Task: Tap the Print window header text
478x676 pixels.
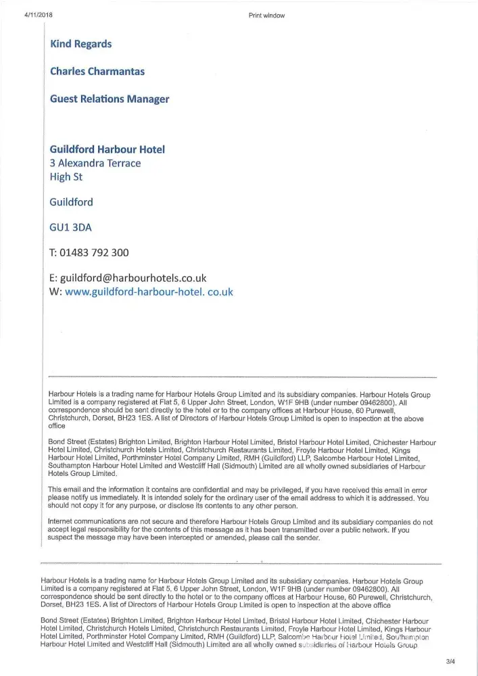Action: click(266, 15)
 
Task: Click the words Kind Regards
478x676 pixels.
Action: click(81, 44)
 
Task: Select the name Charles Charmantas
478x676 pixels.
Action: click(97, 71)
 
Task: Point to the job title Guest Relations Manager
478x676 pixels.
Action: click(110, 99)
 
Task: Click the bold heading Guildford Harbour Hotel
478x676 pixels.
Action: click(107, 149)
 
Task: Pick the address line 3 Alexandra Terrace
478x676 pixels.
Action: click(95, 163)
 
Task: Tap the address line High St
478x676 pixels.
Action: click(66, 177)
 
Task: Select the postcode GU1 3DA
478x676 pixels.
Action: click(70, 227)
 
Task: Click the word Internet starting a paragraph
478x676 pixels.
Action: click(64, 522)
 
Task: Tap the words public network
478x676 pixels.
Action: click(351, 530)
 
